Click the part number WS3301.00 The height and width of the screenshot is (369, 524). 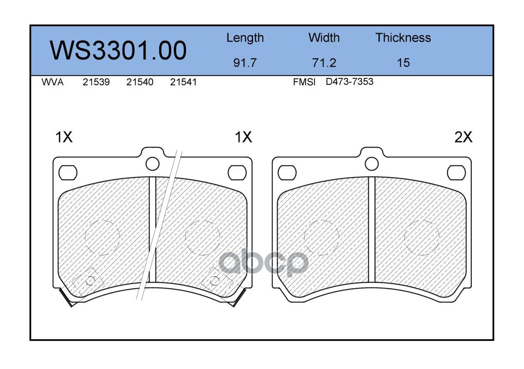click(118, 50)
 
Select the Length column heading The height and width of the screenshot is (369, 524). click(245, 38)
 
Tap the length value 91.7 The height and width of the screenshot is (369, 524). click(245, 62)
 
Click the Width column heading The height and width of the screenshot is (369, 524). click(324, 37)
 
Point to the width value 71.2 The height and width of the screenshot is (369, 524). click(324, 62)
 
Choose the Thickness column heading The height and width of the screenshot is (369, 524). click(403, 37)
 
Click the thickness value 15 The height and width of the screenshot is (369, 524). click(403, 62)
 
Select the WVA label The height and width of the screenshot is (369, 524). click(53, 82)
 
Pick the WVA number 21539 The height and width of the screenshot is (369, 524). click(96, 82)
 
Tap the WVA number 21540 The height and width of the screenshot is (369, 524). click(140, 82)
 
